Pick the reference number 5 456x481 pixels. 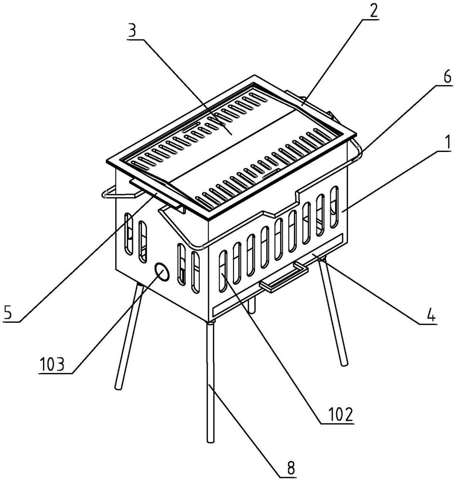(8, 312)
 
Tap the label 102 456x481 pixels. (341, 415)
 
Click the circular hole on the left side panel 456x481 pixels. (162, 271)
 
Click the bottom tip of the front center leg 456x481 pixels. (210, 441)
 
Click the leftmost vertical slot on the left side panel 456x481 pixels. (129, 234)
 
